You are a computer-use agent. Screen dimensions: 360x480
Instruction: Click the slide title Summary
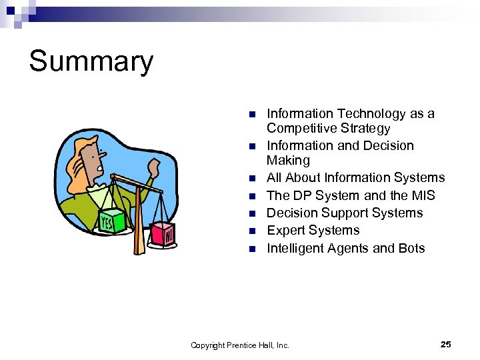click(91, 61)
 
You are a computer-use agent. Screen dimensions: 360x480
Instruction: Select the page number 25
click(446, 344)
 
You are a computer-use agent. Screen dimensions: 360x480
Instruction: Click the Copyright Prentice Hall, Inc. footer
click(240, 345)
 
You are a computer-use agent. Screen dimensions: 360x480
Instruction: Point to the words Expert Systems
click(313, 231)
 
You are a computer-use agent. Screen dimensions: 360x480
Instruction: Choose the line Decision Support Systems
click(345, 213)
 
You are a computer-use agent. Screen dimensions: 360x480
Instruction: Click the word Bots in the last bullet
click(411, 249)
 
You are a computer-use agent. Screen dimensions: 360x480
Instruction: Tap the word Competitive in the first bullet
click(299, 129)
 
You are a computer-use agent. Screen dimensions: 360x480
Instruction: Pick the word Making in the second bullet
click(288, 161)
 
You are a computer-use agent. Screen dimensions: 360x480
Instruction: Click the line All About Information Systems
click(355, 178)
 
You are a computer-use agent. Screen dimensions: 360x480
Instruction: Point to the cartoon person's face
click(94, 157)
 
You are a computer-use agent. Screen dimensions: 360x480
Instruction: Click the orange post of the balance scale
click(139, 220)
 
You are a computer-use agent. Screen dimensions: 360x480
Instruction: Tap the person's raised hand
click(155, 166)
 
